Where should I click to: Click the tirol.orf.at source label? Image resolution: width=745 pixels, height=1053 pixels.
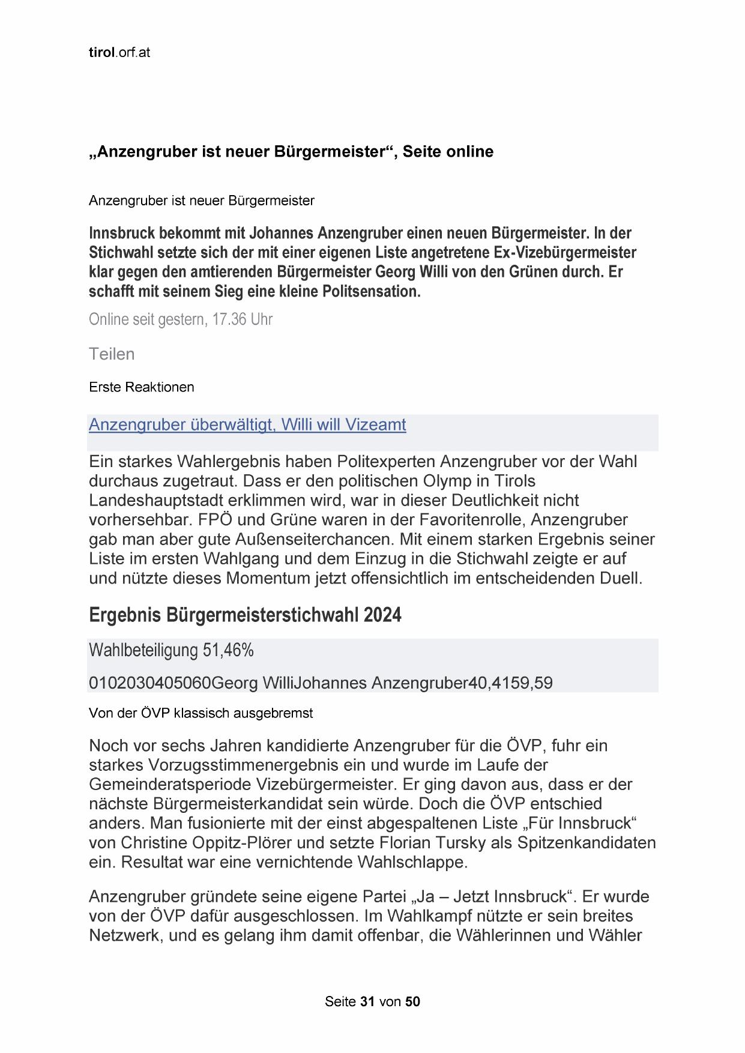pos(119,52)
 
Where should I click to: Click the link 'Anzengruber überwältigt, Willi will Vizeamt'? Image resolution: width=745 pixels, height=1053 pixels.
pos(247,424)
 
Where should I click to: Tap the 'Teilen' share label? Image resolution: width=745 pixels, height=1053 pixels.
pos(112,354)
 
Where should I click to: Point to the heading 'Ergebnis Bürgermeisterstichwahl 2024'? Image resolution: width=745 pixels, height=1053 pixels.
pos(245,615)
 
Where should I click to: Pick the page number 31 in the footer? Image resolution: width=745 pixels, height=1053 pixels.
pos(367,1001)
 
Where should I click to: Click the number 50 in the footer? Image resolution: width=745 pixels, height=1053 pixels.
pos(412,1001)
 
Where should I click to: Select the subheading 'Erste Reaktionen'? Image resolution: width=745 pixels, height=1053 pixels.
pos(141,387)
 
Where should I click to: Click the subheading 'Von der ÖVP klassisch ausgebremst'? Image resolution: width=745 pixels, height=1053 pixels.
pos(201,713)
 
